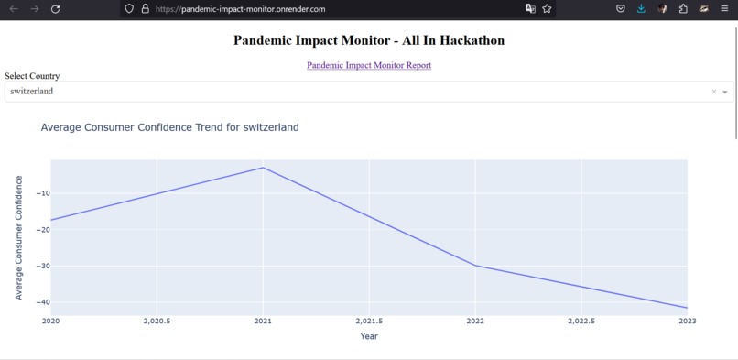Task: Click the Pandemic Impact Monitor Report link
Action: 369,65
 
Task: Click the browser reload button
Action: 55,9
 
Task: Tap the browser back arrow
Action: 13,9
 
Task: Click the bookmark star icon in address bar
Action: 547,9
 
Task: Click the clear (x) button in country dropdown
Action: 714,92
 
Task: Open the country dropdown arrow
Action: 725,92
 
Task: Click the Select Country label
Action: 32,76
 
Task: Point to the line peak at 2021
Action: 263,168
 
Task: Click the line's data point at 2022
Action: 475,266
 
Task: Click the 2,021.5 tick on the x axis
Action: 368,322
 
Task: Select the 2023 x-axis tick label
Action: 687,322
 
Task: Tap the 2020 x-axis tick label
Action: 50,322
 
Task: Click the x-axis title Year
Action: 369,336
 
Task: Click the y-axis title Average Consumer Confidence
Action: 19,238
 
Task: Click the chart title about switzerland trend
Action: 169,127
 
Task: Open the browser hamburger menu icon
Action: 724,9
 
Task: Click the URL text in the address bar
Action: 240,9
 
